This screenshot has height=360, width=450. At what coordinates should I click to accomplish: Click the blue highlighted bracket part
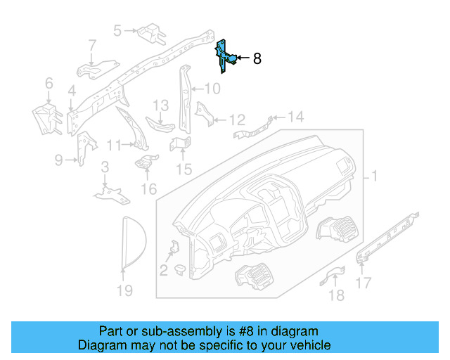[223, 55]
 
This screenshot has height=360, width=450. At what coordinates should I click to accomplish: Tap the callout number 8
[257, 59]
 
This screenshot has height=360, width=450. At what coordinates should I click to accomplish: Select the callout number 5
[117, 30]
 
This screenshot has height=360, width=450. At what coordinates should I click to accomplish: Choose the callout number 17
[364, 284]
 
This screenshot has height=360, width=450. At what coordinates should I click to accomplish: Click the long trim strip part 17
[388, 235]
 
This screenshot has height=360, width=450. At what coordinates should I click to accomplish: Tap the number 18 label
[337, 295]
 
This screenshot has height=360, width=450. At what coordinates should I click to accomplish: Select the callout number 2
[162, 271]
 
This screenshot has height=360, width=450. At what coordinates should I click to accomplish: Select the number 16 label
[148, 188]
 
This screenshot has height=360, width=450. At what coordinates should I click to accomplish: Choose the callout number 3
[104, 167]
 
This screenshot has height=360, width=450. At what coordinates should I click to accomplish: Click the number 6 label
[49, 84]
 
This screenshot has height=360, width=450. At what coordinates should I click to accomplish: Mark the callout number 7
[92, 46]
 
